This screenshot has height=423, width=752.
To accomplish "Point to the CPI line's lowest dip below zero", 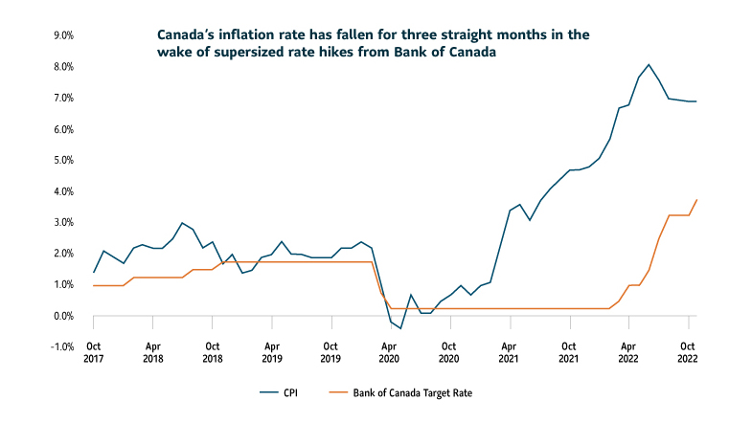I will tap(400, 328).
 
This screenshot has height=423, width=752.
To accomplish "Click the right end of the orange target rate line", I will tap(696, 199).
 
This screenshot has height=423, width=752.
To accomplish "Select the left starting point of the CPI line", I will tap(94, 272).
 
